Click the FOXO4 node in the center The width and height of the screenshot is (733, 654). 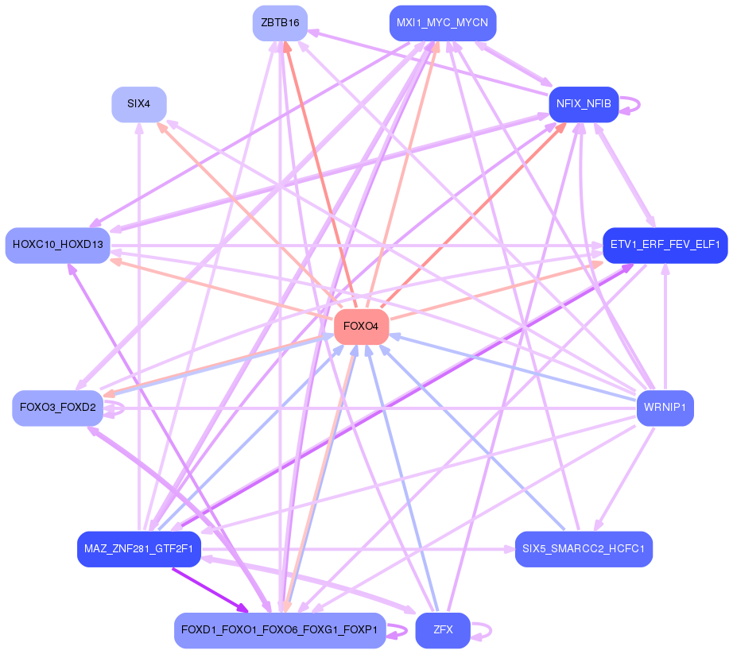[361, 327]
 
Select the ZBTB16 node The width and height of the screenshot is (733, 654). [280, 23]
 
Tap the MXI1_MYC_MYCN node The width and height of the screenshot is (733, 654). [442, 23]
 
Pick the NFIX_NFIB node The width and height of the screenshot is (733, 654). [584, 104]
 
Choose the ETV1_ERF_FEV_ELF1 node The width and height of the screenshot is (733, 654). [665, 245]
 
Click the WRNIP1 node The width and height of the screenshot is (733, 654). [665, 408]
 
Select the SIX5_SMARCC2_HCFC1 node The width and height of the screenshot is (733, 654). [584, 549]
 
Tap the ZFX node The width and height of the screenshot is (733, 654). [443, 630]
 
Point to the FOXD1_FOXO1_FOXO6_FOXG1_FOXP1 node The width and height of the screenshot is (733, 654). [280, 630]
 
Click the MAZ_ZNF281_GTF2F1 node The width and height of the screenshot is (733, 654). [138, 549]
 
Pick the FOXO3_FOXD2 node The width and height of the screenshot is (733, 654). [57, 408]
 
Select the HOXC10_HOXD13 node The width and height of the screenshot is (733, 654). [57, 245]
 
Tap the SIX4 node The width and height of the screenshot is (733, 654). [138, 104]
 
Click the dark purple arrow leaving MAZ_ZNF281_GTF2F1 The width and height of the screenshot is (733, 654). [208, 588]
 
